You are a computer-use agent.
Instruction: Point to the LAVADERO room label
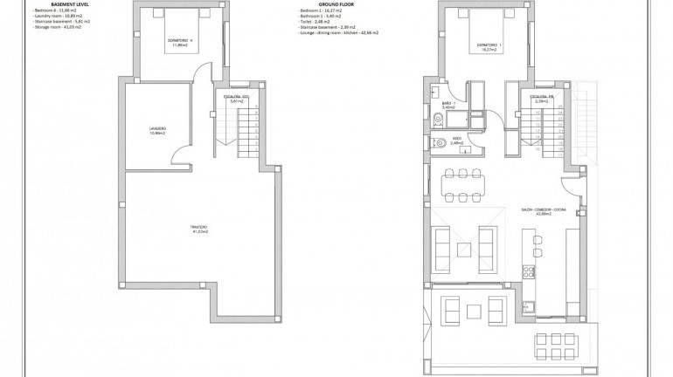(x=157, y=131)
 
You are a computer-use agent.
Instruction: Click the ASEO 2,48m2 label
(x=455, y=140)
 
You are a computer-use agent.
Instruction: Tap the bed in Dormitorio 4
(x=182, y=18)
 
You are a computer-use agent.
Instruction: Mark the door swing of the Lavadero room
(x=181, y=155)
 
